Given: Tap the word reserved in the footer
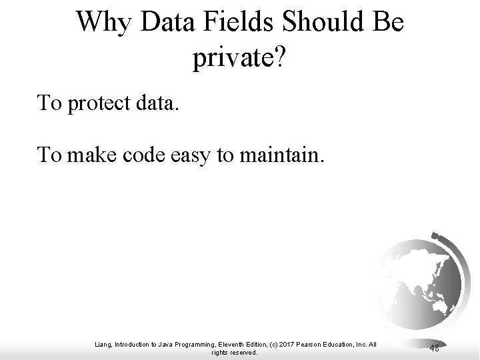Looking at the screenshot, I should pyautogui.click(x=243, y=353).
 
